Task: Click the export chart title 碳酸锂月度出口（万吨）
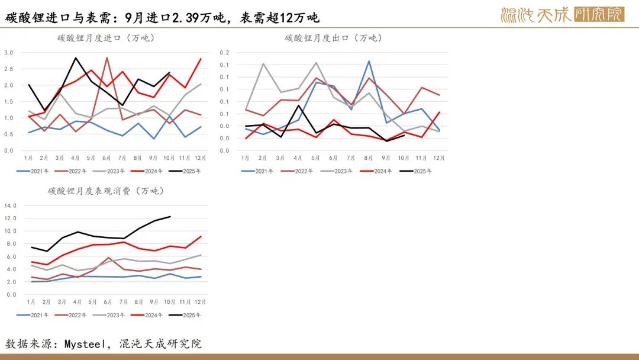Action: [x=334, y=38]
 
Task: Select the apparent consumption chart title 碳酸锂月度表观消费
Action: [x=106, y=191]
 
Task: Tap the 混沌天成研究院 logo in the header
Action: [x=561, y=14]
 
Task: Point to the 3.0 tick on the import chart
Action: [x=9, y=53]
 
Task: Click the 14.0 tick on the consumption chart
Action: [x=11, y=205]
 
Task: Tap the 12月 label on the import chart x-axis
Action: [x=201, y=159]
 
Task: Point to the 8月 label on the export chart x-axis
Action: [x=369, y=159]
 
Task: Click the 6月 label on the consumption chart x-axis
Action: [x=107, y=302]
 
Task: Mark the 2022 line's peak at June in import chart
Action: [x=106, y=57]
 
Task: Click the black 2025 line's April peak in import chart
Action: [x=75, y=58]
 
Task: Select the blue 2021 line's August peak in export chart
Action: [x=369, y=61]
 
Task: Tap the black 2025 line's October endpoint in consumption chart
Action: [x=170, y=217]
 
